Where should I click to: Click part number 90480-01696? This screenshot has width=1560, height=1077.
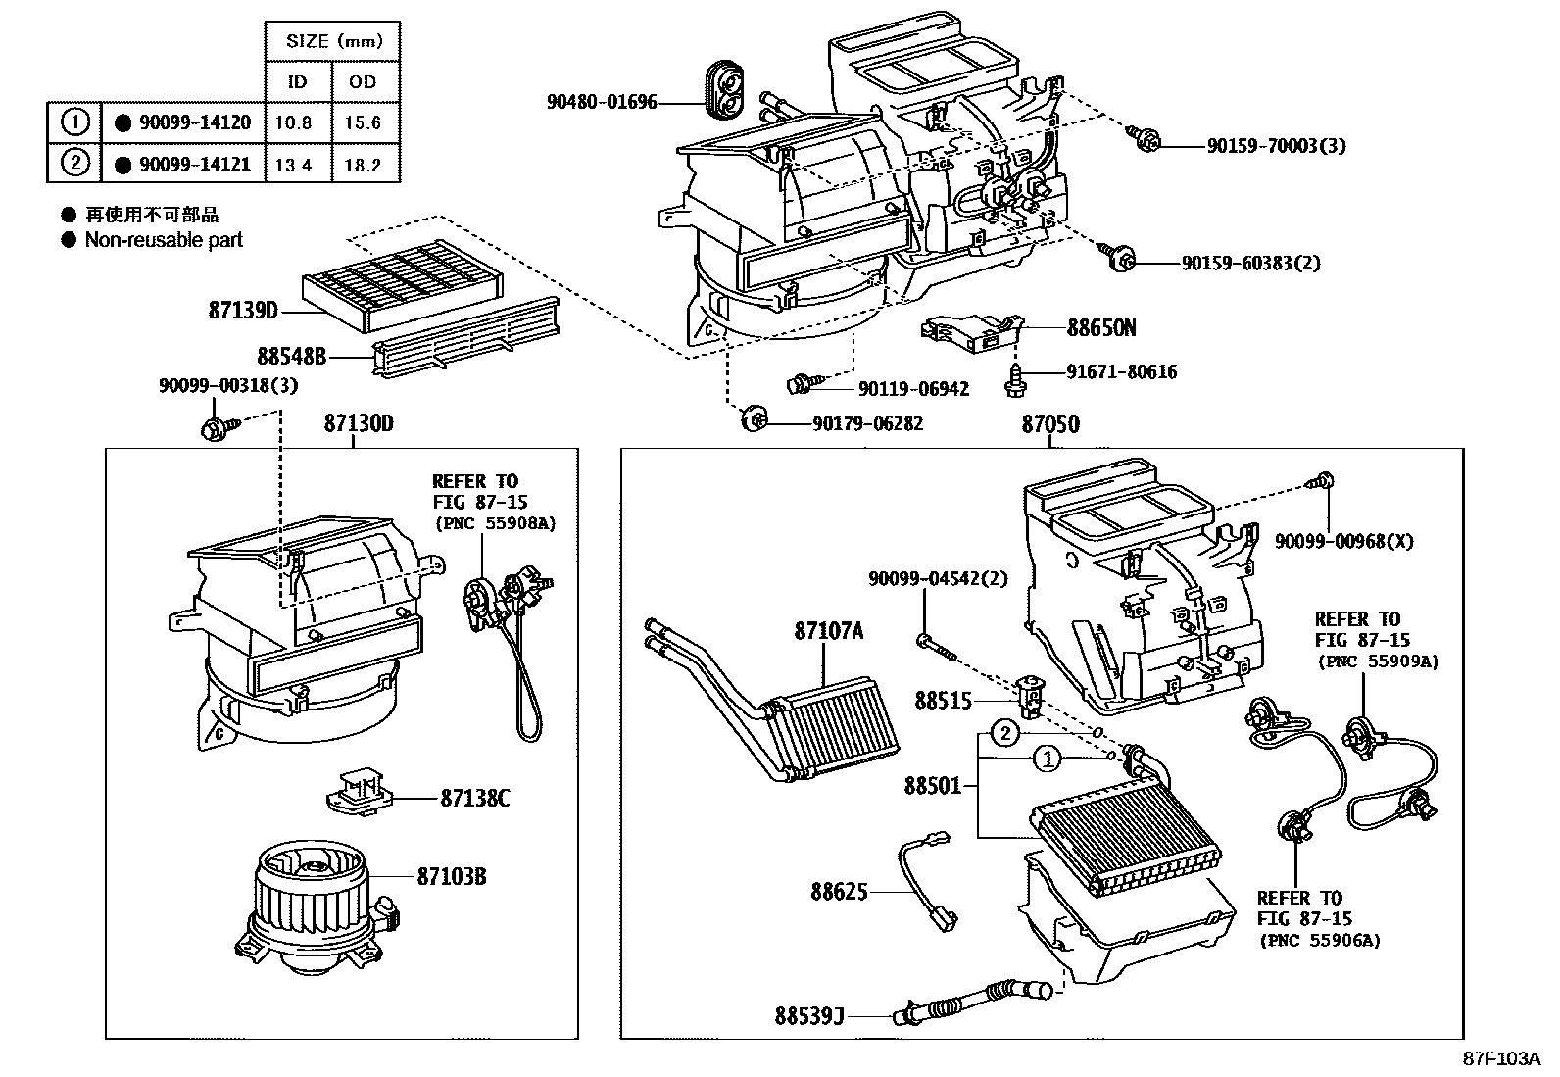point(602,102)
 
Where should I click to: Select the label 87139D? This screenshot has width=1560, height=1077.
point(243,311)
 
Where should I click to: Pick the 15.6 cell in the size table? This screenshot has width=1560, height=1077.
point(363,123)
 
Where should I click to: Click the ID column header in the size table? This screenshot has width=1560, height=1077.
point(297,82)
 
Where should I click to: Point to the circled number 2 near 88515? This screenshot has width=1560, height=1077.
point(1006,733)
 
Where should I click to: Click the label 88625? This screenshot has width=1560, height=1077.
point(839,892)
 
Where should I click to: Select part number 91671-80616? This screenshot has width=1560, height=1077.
point(1122,372)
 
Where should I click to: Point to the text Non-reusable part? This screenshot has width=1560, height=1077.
point(164,240)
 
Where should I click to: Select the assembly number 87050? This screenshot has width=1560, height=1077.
point(1050,424)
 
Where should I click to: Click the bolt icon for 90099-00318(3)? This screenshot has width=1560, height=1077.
point(215,428)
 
